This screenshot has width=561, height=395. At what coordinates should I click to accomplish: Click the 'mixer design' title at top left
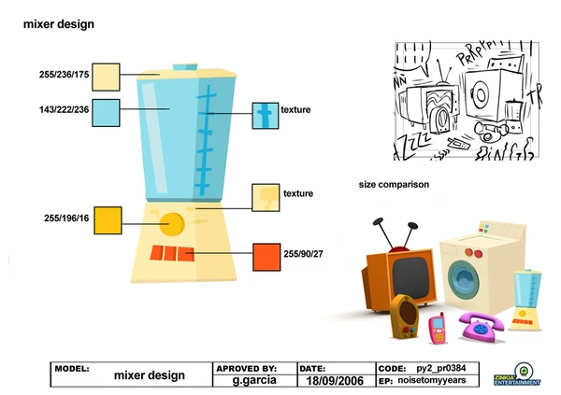click(58, 22)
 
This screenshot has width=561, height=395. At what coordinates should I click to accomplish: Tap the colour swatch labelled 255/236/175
click(106, 76)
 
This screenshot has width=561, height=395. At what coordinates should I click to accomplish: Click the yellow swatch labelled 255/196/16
click(109, 219)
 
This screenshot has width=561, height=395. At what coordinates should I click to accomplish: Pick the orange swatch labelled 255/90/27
click(266, 255)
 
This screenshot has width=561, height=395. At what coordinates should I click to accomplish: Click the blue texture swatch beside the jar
click(266, 114)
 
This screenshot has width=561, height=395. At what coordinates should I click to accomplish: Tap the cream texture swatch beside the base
click(266, 197)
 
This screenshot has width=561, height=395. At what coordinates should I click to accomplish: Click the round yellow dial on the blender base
click(171, 223)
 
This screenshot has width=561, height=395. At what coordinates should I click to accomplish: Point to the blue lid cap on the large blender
click(184, 67)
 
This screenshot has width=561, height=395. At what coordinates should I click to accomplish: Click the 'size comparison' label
click(394, 185)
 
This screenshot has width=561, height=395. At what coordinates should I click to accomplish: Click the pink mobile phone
click(437, 328)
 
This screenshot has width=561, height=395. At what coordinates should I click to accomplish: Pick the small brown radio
click(404, 317)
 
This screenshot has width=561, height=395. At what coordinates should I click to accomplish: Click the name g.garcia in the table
click(254, 381)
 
